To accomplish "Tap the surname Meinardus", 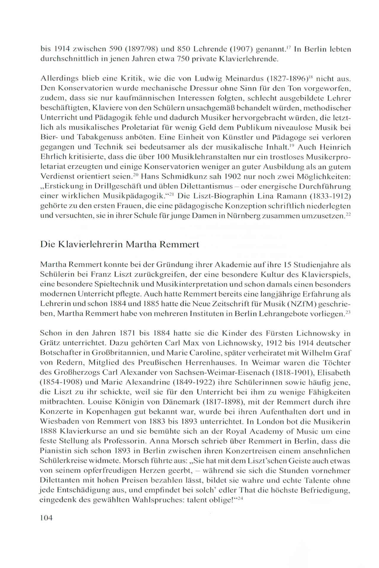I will tap(242, 79).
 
